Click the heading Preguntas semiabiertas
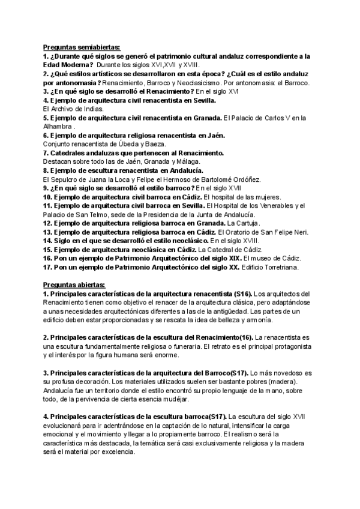(x=82, y=47)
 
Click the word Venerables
(x=271, y=206)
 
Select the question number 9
(x=46, y=188)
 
